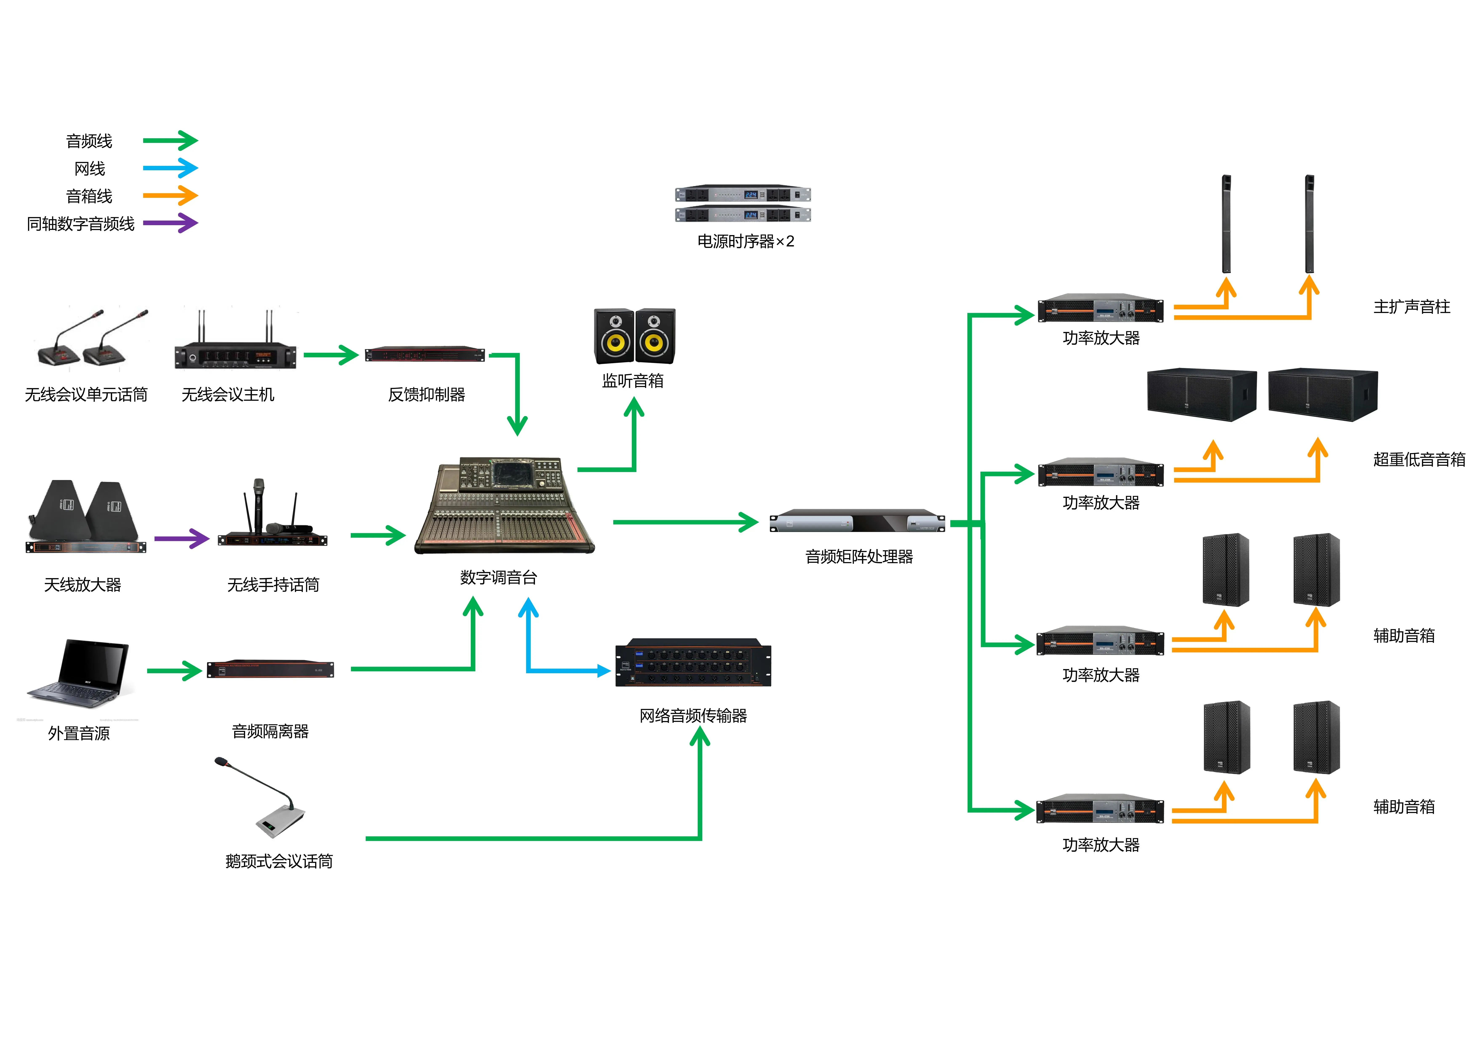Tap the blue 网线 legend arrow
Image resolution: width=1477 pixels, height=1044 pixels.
(x=171, y=168)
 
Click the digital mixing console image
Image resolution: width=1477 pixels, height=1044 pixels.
(x=505, y=505)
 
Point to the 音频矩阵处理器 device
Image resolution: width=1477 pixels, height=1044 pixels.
(x=857, y=522)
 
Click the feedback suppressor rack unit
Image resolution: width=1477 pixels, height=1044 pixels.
(x=425, y=354)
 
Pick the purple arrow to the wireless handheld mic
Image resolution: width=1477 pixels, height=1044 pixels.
(x=182, y=538)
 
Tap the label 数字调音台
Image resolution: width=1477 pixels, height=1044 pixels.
(x=499, y=578)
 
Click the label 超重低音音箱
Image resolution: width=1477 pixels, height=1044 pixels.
(x=1419, y=459)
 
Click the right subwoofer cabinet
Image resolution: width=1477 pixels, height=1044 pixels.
(x=1323, y=394)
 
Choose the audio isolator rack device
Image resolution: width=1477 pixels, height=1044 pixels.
(x=270, y=669)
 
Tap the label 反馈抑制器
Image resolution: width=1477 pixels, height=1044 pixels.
(x=427, y=394)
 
